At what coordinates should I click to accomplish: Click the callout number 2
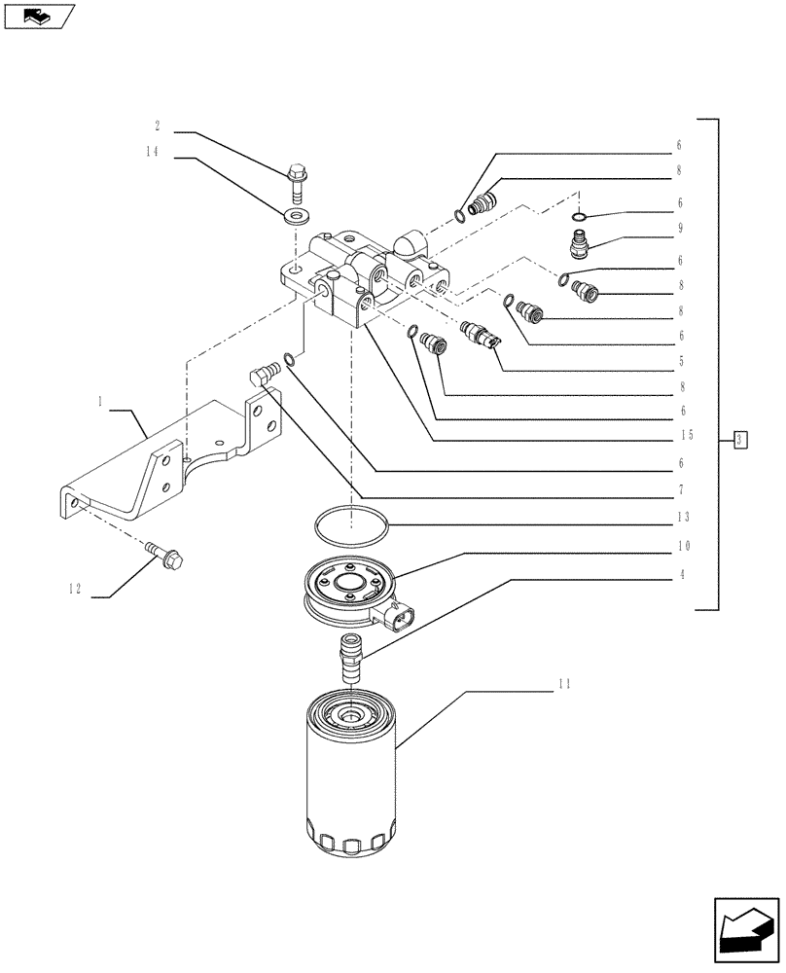[x=156, y=126]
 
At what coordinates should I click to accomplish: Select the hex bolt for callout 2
[x=296, y=181]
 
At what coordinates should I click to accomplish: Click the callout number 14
[x=154, y=153]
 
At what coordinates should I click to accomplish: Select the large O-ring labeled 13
[x=351, y=526]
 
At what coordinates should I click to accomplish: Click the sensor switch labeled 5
[x=482, y=334]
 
